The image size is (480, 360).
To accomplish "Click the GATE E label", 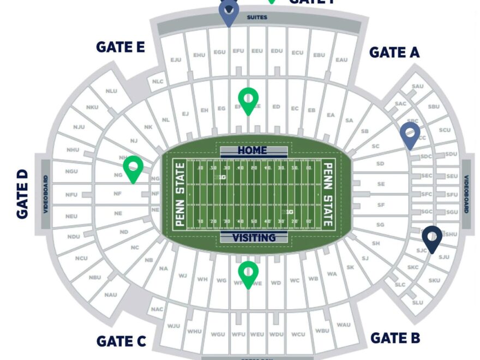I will tap(120, 47).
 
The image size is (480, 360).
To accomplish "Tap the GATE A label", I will tap(394, 52).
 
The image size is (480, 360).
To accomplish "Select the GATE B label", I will tap(395, 338).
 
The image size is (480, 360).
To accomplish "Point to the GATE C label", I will tap(121, 341).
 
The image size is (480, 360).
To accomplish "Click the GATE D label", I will tap(22, 194).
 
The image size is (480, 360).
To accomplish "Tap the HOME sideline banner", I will tap(253, 150).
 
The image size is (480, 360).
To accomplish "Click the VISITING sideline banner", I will tap(254, 238).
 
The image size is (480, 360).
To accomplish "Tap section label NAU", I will tap(111, 295).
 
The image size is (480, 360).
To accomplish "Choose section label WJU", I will tap(173, 326).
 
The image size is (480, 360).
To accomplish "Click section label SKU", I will tap(434, 280).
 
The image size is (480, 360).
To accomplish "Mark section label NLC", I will tap(158, 82).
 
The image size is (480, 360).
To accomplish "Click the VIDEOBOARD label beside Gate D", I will tap(46, 194).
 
